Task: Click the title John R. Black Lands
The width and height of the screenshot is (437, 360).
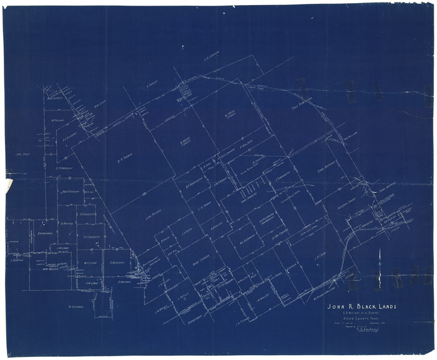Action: click(x=361, y=307)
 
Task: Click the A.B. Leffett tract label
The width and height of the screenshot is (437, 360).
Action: click(x=54, y=97)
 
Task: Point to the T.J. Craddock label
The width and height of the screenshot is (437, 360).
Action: click(x=92, y=237)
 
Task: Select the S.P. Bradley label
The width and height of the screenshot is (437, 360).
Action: click(x=64, y=167)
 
